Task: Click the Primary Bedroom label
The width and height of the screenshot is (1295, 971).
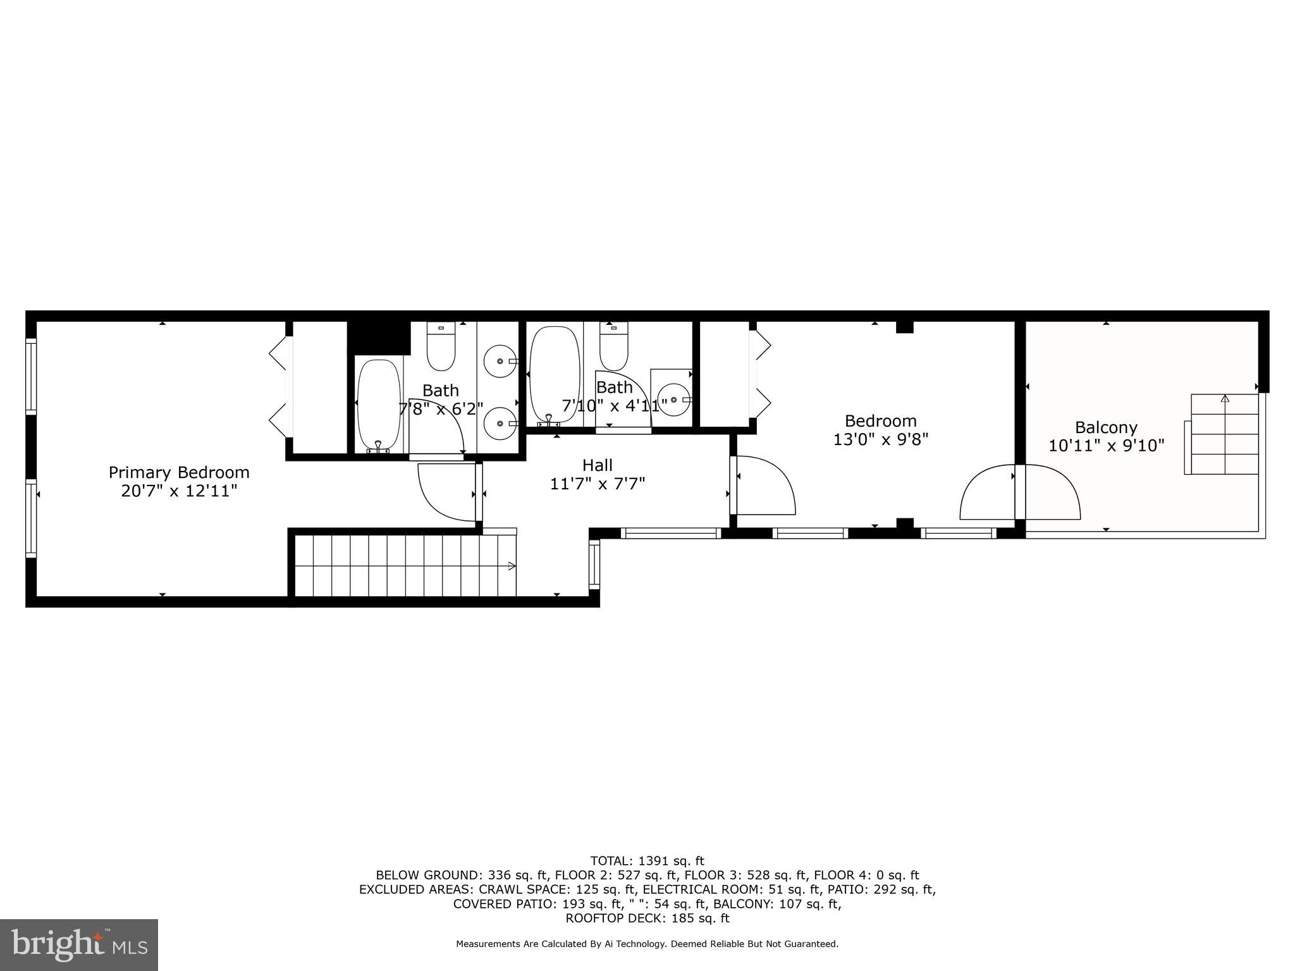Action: pyautogui.click(x=179, y=472)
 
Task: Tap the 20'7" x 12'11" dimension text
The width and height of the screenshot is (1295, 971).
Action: pyautogui.click(x=179, y=491)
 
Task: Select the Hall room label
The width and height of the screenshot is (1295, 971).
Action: pyautogui.click(x=597, y=465)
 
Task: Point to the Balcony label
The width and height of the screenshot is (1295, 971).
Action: pyautogui.click(x=1106, y=427)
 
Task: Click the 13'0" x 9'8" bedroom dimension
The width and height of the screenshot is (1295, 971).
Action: pyautogui.click(x=880, y=439)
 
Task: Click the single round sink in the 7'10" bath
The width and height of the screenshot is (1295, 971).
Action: pyautogui.click(x=672, y=400)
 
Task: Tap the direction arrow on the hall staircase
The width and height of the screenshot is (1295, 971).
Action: pyautogui.click(x=511, y=566)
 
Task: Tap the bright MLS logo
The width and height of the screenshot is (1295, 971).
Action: pyautogui.click(x=78, y=944)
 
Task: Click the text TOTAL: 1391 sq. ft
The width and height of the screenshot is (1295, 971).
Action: pyautogui.click(x=647, y=861)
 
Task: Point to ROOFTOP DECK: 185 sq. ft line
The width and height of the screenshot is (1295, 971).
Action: pyautogui.click(x=647, y=918)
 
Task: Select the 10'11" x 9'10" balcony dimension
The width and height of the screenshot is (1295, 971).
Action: pyautogui.click(x=1106, y=446)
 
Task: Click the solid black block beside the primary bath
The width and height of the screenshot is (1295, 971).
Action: pyautogui.click(x=378, y=337)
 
